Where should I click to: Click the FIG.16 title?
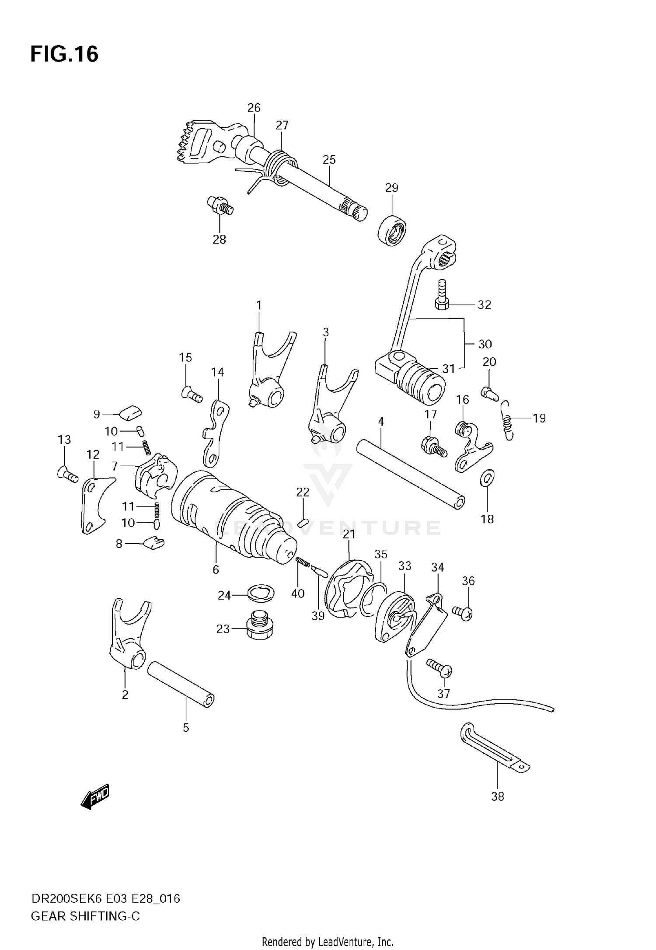(x=64, y=54)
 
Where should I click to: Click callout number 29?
(x=391, y=188)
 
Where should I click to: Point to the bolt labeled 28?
(x=220, y=205)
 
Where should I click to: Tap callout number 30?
(x=485, y=344)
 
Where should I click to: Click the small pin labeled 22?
(x=303, y=522)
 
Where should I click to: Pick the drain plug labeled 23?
(x=258, y=629)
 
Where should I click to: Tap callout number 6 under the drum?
(x=216, y=569)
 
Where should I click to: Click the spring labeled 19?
(x=507, y=421)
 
